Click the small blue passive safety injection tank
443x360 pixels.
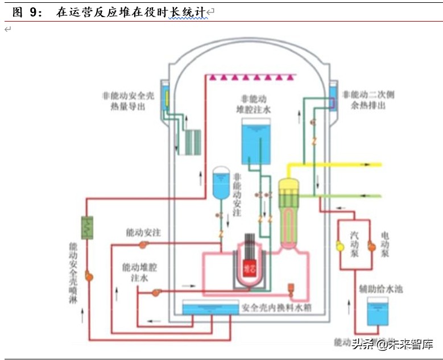pos(221,183)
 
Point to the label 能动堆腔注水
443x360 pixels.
pos(138,272)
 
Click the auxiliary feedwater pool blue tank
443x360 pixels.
pos(378,314)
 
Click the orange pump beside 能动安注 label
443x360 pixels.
pos(143,245)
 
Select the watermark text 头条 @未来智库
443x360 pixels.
pos(392,344)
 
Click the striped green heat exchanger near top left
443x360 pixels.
pos(189,142)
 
